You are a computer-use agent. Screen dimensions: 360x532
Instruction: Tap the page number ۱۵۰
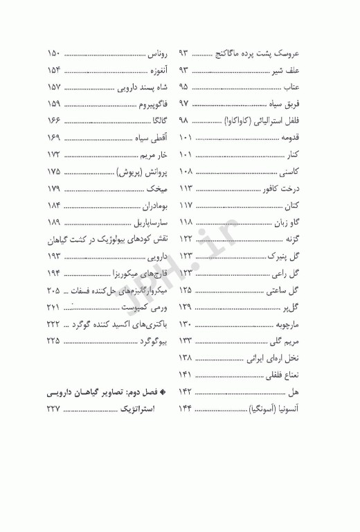click(x=54, y=53)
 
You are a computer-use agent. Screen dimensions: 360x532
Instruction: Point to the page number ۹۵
click(x=184, y=87)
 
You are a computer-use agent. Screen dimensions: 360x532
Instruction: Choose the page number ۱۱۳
click(x=186, y=188)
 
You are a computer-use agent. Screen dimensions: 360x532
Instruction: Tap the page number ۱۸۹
click(x=54, y=222)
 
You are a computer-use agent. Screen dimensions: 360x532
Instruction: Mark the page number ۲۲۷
click(x=54, y=409)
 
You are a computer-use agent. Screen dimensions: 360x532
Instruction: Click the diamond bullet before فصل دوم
click(x=164, y=393)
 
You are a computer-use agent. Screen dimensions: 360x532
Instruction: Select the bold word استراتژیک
click(x=136, y=409)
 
